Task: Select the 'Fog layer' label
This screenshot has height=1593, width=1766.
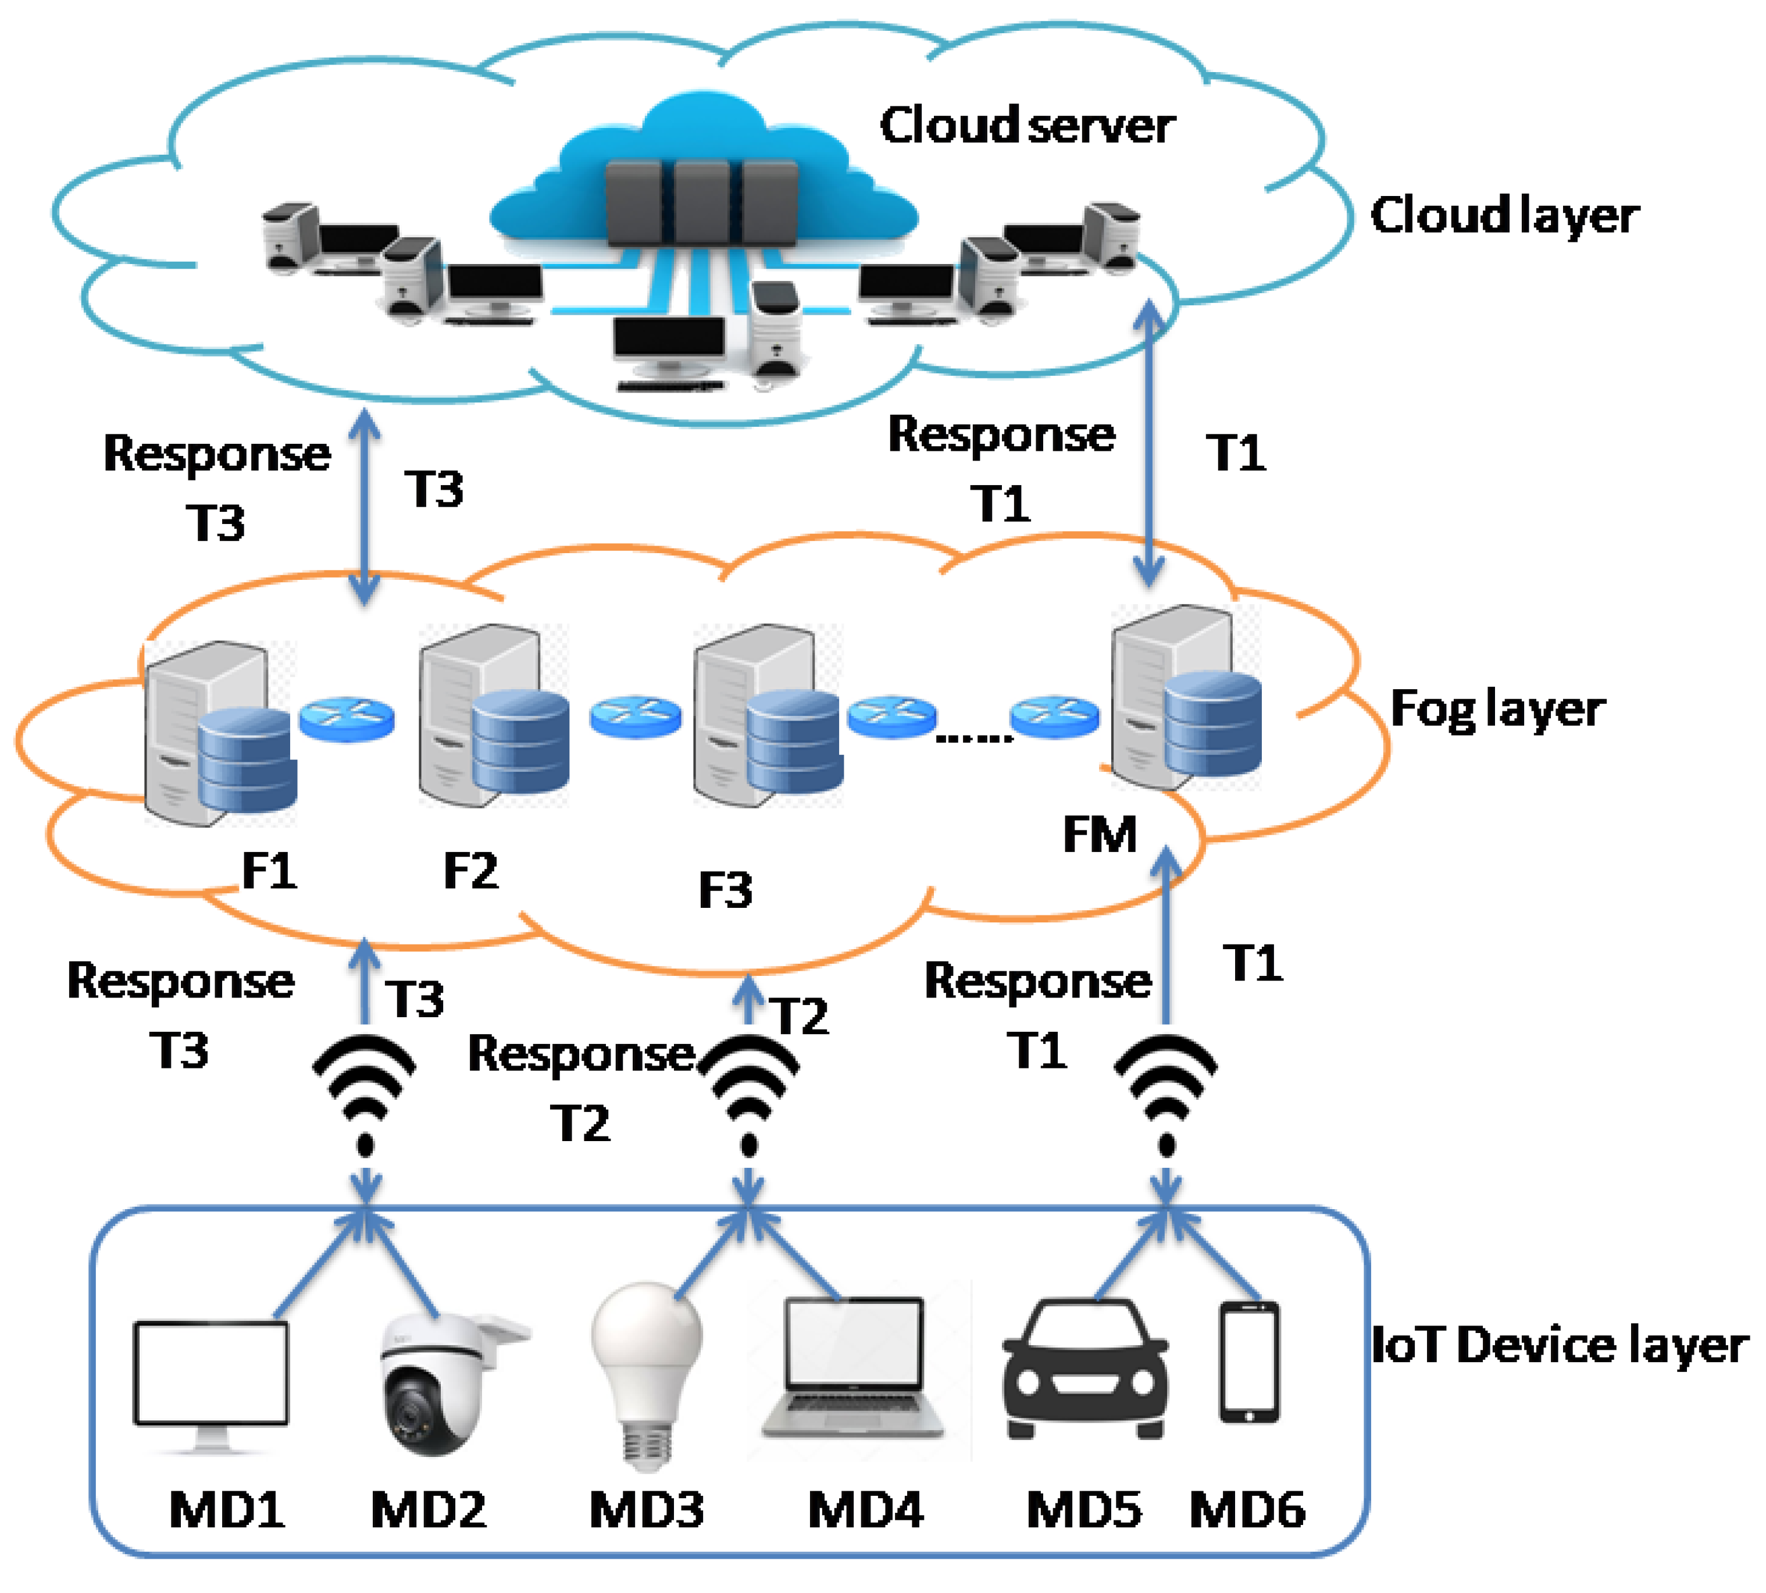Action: (1496, 709)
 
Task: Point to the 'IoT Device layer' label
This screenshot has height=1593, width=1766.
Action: (1558, 1345)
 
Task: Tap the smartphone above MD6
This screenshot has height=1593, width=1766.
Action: (1249, 1363)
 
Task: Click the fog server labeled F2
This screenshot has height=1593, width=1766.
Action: (493, 715)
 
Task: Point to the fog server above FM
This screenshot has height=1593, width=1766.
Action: (1186, 697)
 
